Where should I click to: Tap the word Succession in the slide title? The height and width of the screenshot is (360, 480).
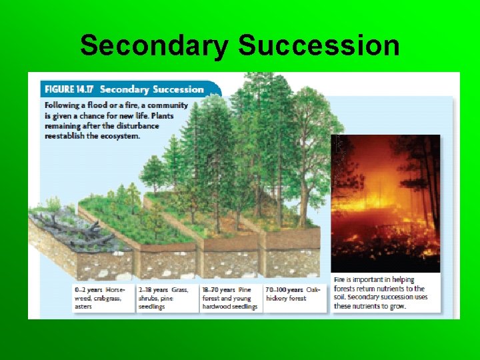319,45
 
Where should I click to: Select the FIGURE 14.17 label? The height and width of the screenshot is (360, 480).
69,89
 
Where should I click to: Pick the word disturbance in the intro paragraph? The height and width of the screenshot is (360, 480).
136,125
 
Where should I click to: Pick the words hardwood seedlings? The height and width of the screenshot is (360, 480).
230,306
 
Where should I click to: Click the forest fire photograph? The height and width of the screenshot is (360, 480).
385,203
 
